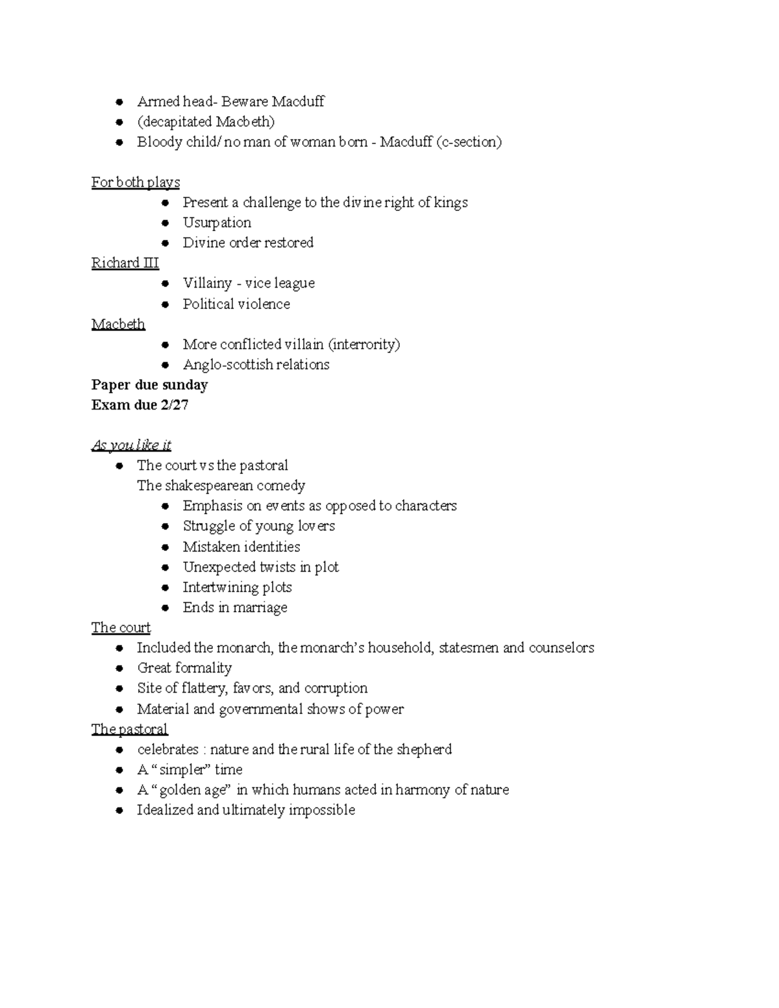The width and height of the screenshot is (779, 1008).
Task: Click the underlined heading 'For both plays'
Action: pos(136,182)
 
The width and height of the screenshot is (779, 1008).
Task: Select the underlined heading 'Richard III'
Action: pos(125,263)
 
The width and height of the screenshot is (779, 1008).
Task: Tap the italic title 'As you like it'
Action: pos(131,445)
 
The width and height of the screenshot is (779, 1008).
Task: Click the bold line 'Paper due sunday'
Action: pos(149,385)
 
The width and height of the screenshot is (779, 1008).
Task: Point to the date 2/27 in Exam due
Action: pos(177,405)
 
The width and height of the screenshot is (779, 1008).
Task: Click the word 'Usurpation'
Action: pos(217,223)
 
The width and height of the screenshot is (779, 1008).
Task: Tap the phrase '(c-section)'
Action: pos(469,142)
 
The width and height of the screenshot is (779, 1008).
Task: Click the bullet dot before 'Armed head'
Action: pos(119,102)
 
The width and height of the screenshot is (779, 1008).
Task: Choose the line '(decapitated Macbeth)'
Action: pos(206,122)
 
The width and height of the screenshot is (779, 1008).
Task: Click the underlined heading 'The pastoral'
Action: pos(129,729)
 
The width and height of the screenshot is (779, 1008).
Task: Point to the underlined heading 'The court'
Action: pos(121,628)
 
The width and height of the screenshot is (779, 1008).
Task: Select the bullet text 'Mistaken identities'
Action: pos(241,547)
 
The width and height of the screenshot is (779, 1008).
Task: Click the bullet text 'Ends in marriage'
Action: pos(235,608)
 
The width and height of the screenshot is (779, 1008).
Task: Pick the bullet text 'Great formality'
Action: pos(184,668)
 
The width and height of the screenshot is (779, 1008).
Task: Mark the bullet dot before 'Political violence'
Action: pos(166,304)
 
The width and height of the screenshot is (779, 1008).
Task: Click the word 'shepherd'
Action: pos(424,750)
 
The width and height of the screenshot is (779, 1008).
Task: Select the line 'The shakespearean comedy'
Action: pos(221,486)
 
